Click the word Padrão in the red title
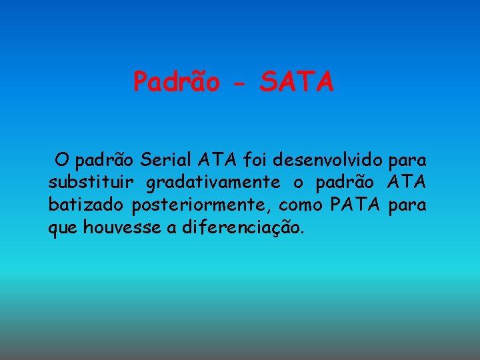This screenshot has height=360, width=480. [x=177, y=82]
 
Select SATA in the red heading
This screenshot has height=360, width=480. [x=297, y=82]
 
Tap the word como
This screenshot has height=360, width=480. [x=301, y=205]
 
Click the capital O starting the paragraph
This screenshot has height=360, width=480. [x=62, y=161]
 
